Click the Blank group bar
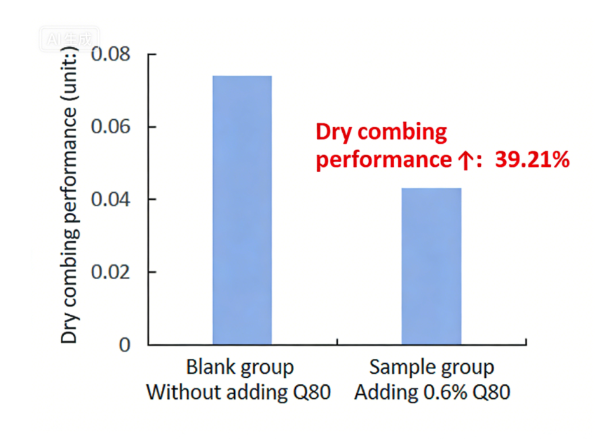[242, 210]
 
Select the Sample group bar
[431, 266]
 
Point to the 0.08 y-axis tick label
[112, 54]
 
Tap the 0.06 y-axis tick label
[112, 127]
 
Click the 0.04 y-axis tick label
[112, 200]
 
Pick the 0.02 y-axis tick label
[112, 272]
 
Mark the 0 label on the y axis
[125, 345]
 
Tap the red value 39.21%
[532, 160]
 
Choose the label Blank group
[240, 367]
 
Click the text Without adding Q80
[238, 392]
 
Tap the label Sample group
[432, 367]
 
